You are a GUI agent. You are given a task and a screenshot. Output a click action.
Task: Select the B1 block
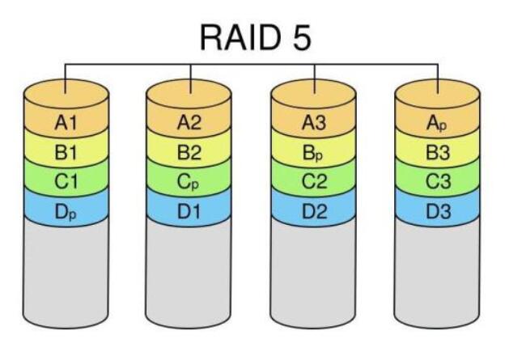66,152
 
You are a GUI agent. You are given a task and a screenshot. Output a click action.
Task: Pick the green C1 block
66,182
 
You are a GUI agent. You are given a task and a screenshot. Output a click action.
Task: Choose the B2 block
189,152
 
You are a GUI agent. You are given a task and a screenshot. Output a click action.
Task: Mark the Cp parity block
189,182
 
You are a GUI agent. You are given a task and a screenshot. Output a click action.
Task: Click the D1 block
189,213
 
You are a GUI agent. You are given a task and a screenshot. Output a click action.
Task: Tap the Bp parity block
313,152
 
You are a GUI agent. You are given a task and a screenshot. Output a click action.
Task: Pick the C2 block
313,182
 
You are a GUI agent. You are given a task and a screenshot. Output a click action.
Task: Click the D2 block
313,213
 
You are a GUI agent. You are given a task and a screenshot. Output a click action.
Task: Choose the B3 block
437,152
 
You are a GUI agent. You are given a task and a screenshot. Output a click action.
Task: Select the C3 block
437,182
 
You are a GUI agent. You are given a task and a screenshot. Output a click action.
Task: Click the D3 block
437,213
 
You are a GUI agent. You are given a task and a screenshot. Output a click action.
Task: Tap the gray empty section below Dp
66,275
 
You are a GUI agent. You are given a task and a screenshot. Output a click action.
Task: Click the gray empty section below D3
437,275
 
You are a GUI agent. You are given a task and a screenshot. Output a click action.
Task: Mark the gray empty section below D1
189,275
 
